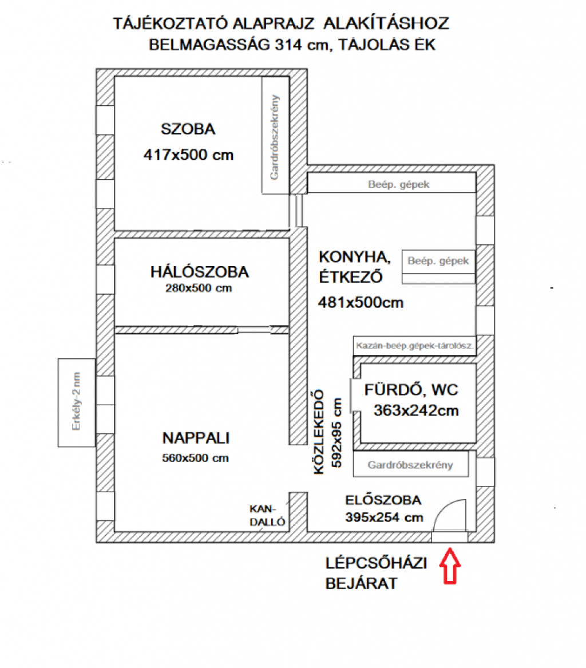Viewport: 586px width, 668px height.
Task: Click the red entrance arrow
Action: coord(450,566)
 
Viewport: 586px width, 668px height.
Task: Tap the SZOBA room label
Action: coord(188,129)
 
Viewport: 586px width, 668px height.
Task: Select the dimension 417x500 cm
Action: coord(188,155)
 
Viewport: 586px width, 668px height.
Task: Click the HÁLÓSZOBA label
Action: coord(199,272)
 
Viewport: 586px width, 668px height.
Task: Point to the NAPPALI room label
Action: coord(196,438)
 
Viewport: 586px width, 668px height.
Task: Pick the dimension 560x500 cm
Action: coord(195,458)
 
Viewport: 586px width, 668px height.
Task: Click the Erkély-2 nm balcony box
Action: coord(77,402)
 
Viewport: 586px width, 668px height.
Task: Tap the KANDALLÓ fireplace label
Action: coord(267,516)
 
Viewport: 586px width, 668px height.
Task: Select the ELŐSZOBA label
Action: coord(383,500)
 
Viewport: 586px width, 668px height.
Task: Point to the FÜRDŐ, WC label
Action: coord(411,390)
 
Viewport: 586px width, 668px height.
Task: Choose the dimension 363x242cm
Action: coord(416,410)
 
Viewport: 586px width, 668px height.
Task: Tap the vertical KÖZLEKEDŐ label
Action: coord(319,432)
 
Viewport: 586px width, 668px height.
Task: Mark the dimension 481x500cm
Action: coord(361,302)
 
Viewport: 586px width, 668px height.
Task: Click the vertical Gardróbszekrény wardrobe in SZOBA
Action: coord(275,136)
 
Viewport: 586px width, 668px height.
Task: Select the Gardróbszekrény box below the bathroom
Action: coord(410,464)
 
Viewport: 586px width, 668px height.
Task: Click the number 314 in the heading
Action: coord(289,44)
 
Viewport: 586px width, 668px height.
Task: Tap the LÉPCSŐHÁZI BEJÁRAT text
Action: coord(377,573)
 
